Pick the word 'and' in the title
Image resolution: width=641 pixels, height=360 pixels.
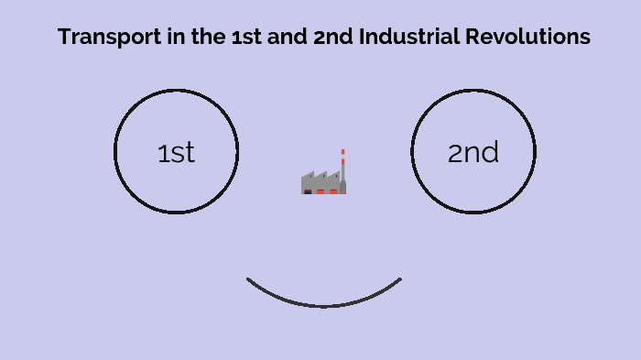(288, 38)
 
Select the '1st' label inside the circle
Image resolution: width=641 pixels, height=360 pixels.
(176, 153)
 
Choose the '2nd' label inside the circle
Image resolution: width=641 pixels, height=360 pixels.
(473, 153)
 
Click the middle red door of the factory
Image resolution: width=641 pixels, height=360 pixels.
(320, 191)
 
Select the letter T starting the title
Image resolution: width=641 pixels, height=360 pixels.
(63, 38)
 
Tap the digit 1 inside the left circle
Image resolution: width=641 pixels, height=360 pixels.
(162, 153)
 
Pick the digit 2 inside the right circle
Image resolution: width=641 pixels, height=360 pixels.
(455, 153)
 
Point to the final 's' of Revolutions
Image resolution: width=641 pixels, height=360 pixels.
(585, 38)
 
